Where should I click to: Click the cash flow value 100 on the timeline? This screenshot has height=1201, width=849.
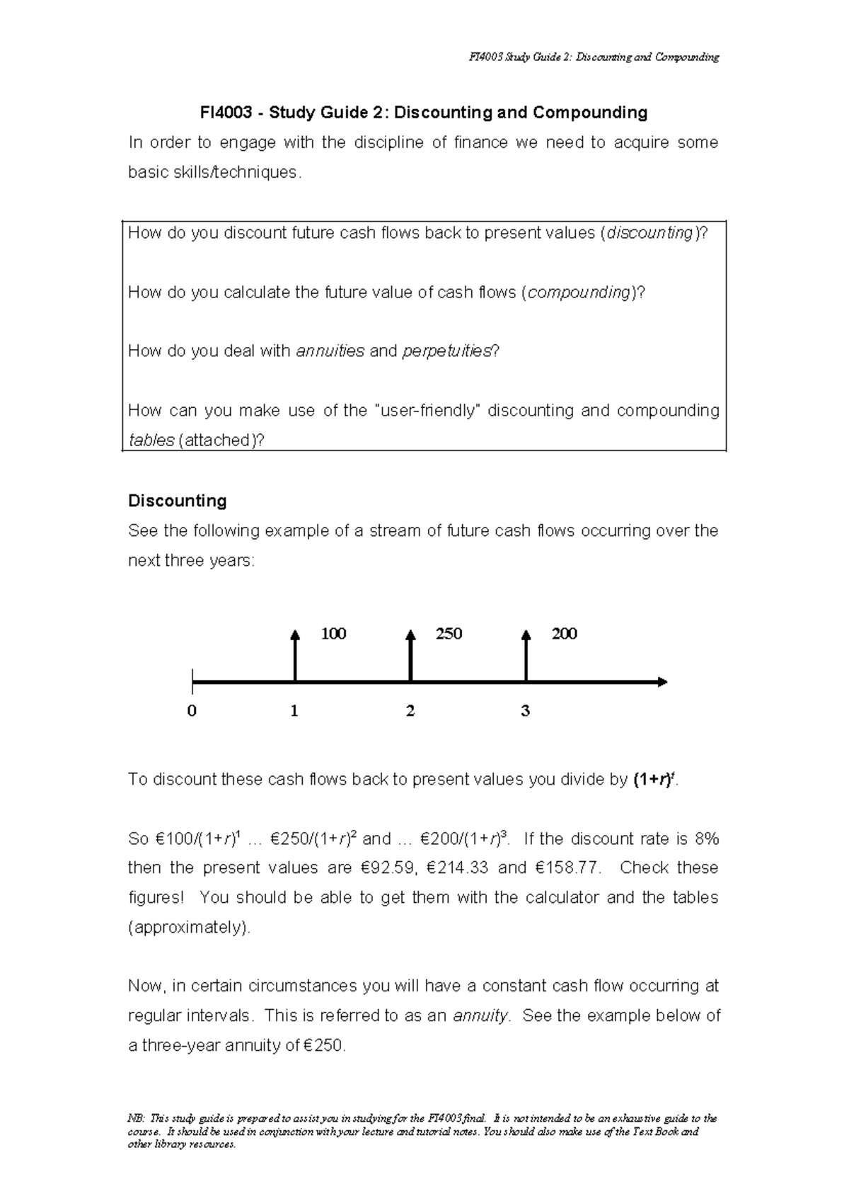pyautogui.click(x=333, y=634)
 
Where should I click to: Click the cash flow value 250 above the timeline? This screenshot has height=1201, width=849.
pyautogui.click(x=449, y=634)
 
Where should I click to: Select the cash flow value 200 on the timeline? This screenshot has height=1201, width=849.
pyautogui.click(x=564, y=634)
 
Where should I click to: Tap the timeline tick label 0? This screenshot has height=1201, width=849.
pyautogui.click(x=192, y=711)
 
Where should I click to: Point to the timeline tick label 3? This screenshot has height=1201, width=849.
pyautogui.click(x=525, y=711)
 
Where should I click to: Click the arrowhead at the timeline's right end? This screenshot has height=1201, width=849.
pyautogui.click(x=662, y=682)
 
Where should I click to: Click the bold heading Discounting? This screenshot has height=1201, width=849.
pyautogui.click(x=177, y=501)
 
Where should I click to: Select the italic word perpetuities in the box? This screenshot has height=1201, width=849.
pyautogui.click(x=446, y=351)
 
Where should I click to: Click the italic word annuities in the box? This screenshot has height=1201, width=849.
pyautogui.click(x=330, y=351)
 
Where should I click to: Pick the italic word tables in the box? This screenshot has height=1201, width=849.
pyautogui.click(x=151, y=440)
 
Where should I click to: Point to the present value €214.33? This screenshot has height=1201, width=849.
pyautogui.click(x=458, y=868)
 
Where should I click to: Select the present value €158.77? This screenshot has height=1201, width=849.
pyautogui.click(x=567, y=868)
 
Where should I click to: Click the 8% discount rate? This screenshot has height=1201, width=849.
pyautogui.click(x=705, y=839)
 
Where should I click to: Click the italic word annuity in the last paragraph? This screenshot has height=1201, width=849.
pyautogui.click(x=480, y=1016)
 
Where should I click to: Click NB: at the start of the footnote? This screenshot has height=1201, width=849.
pyautogui.click(x=135, y=1119)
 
